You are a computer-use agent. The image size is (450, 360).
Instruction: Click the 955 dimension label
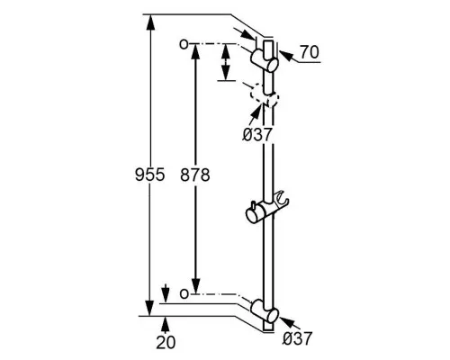[150, 175]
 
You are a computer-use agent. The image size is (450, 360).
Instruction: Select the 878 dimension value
[195, 175]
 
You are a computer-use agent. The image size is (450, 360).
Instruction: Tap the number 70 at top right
[310, 52]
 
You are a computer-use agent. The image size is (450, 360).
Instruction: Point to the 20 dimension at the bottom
[166, 342]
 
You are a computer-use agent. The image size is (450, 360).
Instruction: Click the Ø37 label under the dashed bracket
[257, 135]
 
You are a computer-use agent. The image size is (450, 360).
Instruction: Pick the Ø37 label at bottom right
[298, 338]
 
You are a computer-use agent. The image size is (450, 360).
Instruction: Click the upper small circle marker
[184, 44]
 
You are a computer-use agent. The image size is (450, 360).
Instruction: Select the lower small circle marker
[184, 293]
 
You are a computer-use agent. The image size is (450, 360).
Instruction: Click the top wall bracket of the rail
[265, 61]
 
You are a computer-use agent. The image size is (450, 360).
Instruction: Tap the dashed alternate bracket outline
[265, 96]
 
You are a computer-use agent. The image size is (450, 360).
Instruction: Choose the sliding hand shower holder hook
[282, 199]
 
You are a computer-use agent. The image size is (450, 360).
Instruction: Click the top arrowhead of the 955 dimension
[150, 22]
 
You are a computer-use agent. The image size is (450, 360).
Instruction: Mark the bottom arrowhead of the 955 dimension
[150, 308]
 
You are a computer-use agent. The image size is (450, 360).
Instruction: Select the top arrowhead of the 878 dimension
[195, 51]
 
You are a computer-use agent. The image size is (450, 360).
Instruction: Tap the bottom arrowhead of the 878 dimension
[195, 285]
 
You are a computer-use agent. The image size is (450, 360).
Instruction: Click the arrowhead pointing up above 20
[165, 323]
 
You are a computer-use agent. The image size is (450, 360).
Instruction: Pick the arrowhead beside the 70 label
[286, 57]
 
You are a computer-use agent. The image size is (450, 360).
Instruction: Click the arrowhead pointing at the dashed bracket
[256, 111]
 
